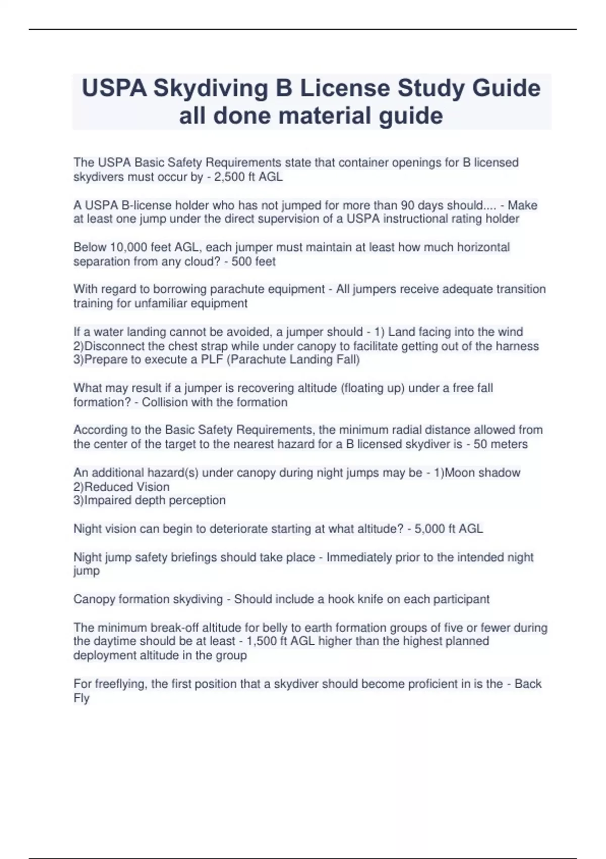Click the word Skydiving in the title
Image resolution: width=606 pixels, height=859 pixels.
pyautogui.click(x=211, y=88)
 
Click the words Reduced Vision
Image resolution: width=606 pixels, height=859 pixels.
pyautogui.click(x=127, y=487)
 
